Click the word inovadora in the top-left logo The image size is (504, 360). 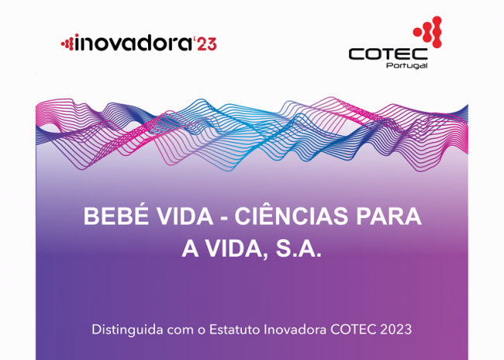pos(133,43)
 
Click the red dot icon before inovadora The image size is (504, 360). pos(67,42)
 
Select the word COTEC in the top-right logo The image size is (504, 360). pos(388,54)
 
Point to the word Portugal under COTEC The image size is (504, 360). pos(407,66)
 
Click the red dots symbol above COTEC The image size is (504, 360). pos(428,32)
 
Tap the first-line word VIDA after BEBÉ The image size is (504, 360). pos(185,216)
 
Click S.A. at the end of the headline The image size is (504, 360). pos(299,249)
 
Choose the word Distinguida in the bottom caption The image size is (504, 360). pos(127,330)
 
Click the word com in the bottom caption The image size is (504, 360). pos(181,331)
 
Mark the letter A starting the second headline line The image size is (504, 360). pos(190,249)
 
